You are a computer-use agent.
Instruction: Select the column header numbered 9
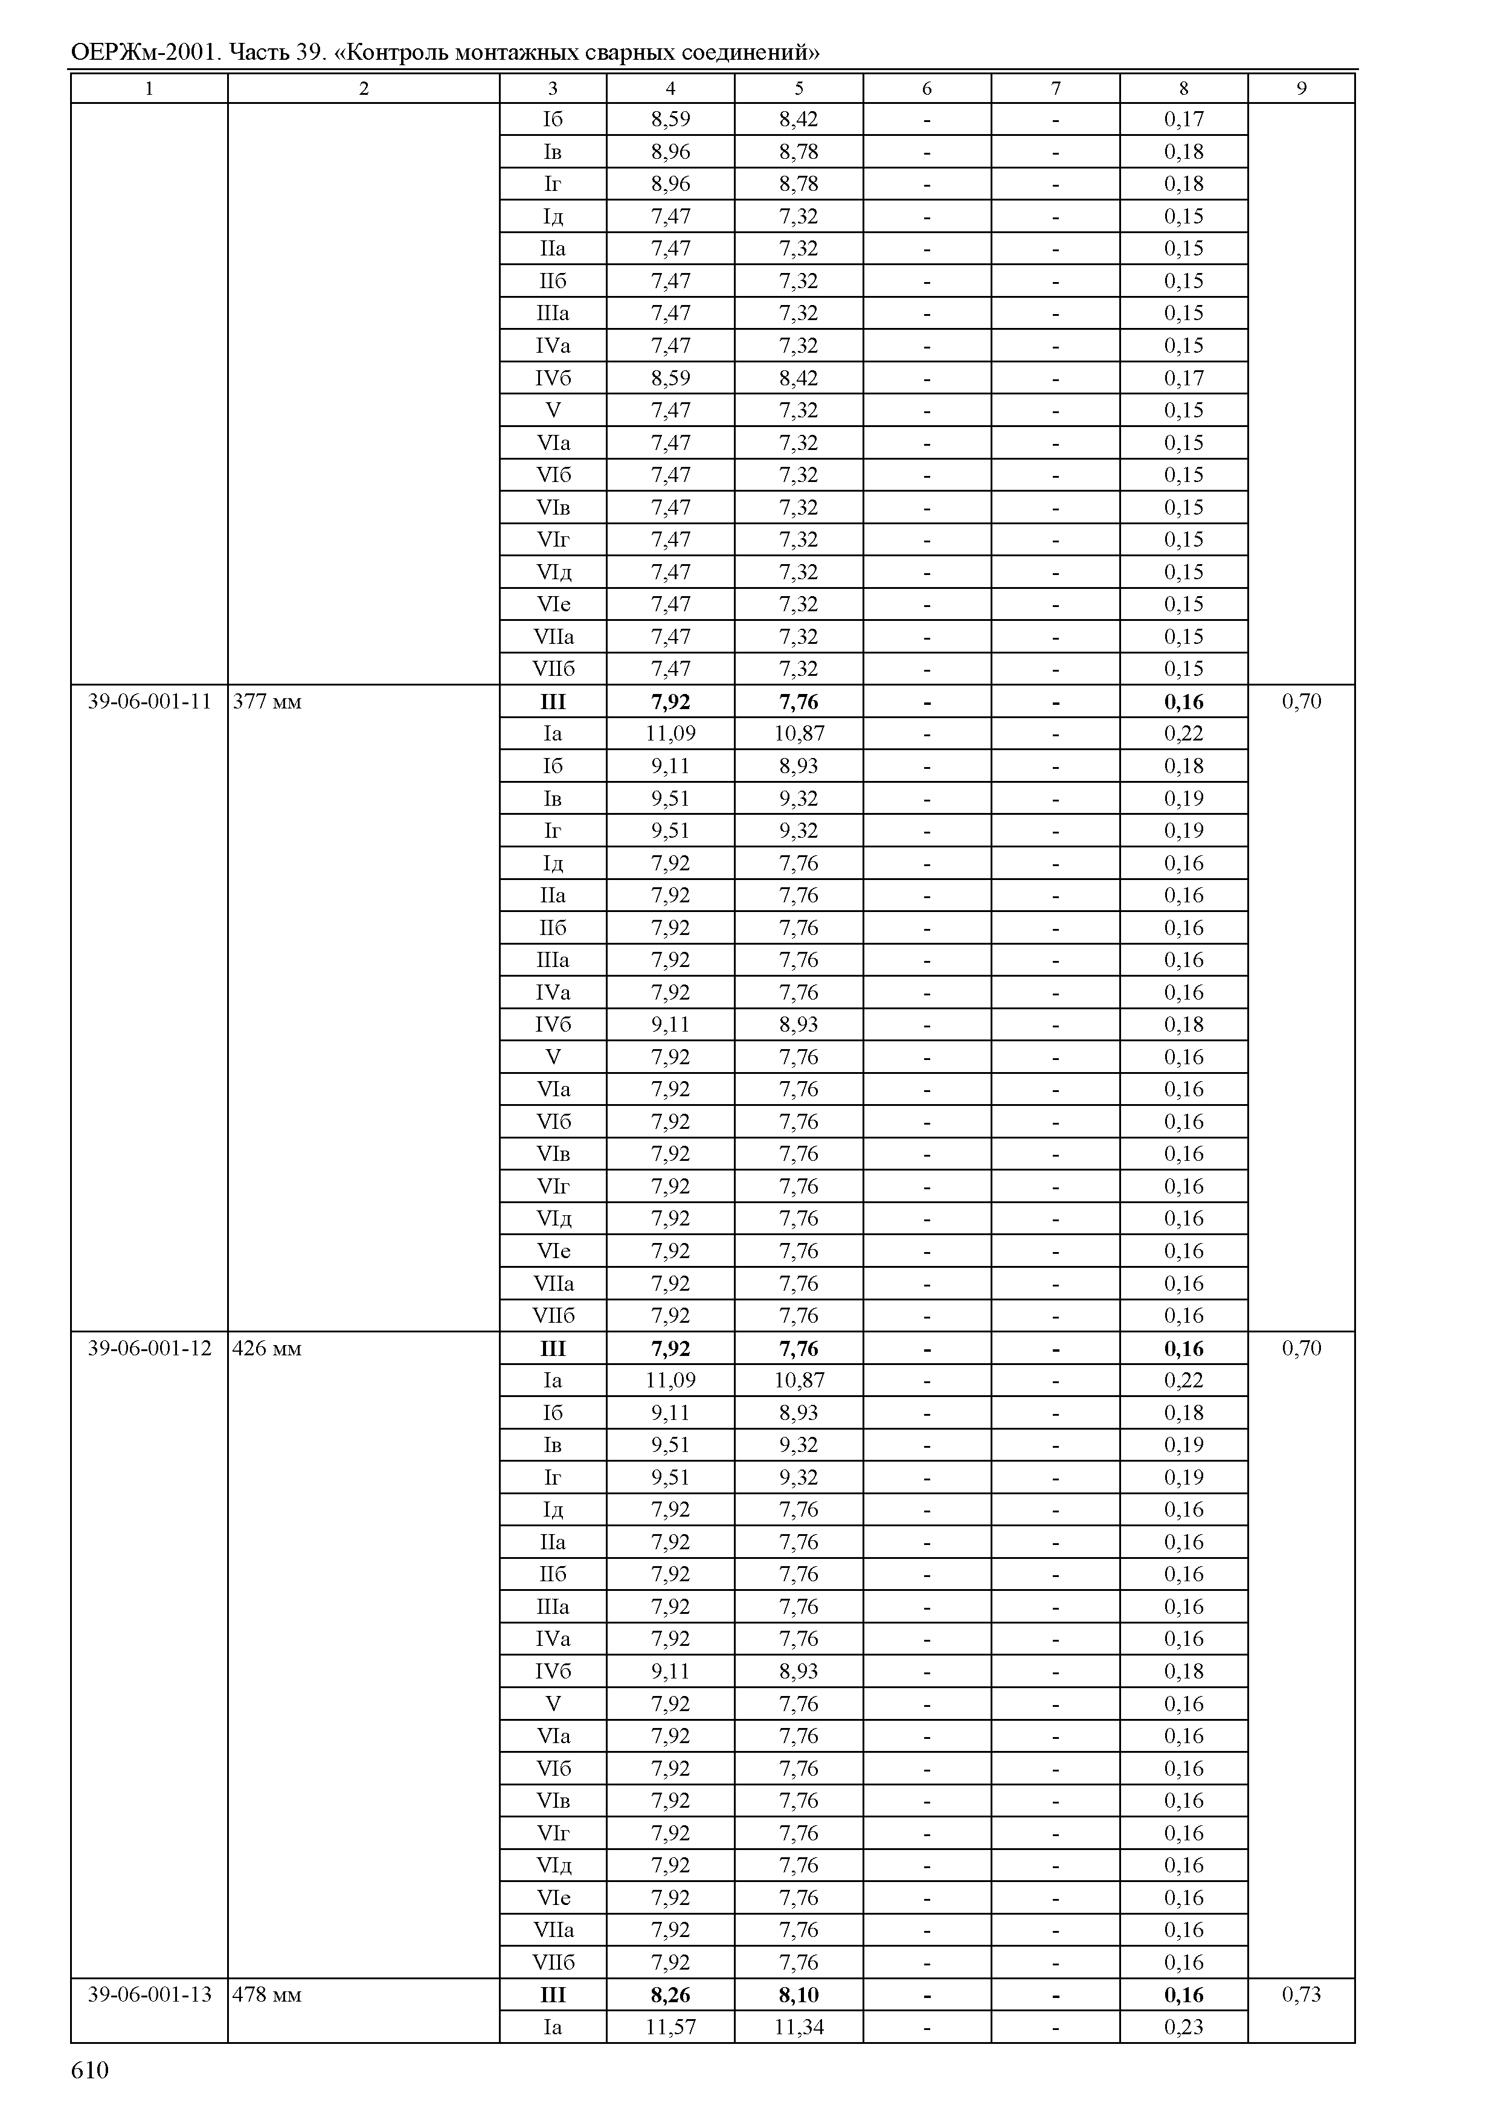[x=1301, y=88]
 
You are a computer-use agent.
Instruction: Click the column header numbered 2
[x=364, y=88]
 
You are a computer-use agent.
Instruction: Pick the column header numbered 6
[x=927, y=88]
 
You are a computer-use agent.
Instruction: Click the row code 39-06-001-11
[x=149, y=701]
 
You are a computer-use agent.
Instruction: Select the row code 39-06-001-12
[x=149, y=1347]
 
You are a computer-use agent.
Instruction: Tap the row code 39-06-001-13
[x=149, y=1994]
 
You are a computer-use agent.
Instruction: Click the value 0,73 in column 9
[x=1301, y=1994]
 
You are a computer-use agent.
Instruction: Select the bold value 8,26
[x=670, y=1994]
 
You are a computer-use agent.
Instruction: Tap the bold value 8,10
[x=799, y=1994]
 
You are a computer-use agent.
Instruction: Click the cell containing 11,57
[x=670, y=2026]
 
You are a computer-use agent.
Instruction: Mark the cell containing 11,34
[x=799, y=2026]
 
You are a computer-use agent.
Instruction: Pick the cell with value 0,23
[x=1183, y=2026]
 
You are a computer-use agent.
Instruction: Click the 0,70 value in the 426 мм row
[x=1301, y=1347]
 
